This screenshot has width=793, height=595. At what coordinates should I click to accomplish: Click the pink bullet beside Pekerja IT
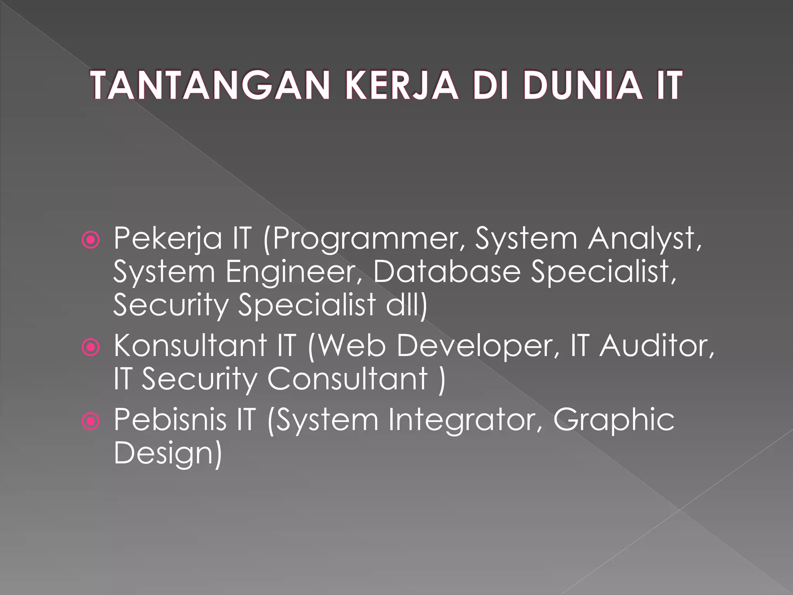pyautogui.click(x=91, y=241)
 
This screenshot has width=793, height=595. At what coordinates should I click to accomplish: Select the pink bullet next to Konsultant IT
pyautogui.click(x=91, y=347)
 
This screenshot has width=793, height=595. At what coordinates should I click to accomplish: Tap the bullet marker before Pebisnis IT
pyautogui.click(x=91, y=421)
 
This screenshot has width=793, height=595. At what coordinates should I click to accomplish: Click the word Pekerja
pyautogui.click(x=168, y=239)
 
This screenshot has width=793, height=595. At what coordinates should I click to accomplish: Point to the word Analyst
pyautogui.click(x=644, y=239)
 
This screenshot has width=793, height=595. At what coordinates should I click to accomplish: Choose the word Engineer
pyautogui.click(x=295, y=272)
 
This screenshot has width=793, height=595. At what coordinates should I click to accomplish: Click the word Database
pyautogui.click(x=446, y=272)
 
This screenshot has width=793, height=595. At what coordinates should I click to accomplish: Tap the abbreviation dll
pyautogui.click(x=407, y=305)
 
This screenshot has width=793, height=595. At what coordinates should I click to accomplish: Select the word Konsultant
pyautogui.click(x=190, y=346)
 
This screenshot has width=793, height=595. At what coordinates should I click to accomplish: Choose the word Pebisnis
pyautogui.click(x=170, y=420)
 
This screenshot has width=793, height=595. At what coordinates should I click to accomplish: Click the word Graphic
pyautogui.click(x=614, y=420)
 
